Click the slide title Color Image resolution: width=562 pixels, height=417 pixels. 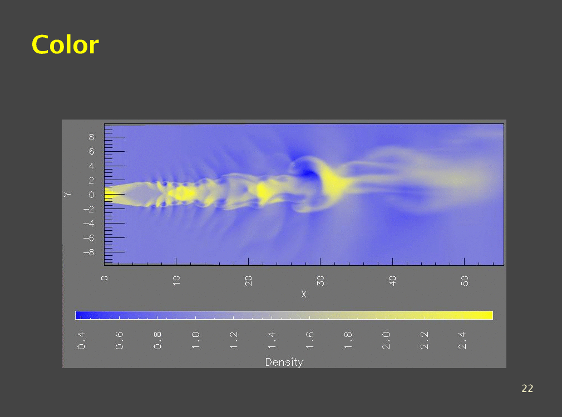[65, 45]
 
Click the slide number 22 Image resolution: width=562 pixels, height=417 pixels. [528, 388]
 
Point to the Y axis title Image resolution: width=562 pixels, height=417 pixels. [67, 194]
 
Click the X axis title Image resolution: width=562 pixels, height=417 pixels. [304, 294]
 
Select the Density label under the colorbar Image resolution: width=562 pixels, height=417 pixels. [284, 362]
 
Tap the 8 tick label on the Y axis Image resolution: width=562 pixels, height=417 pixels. [91, 137]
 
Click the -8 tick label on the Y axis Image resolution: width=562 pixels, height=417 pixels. [89, 252]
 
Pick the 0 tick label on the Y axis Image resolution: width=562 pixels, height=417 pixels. [91, 195]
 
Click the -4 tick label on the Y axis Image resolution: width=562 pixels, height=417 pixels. [89, 223]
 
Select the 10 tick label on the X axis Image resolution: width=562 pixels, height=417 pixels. [176, 280]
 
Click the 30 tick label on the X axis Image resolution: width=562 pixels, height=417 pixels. [320, 281]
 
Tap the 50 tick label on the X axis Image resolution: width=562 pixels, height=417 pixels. [464, 281]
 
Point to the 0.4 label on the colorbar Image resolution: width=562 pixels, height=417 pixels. [81, 340]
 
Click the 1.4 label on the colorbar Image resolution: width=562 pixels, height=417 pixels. [272, 340]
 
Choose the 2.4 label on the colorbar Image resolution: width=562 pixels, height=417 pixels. [462, 340]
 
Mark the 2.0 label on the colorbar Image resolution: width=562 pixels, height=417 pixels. [386, 340]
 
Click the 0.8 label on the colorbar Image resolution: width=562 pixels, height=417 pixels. [157, 340]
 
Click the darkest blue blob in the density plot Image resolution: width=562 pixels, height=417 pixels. [308, 173]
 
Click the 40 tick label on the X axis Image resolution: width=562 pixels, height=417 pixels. [392, 281]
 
